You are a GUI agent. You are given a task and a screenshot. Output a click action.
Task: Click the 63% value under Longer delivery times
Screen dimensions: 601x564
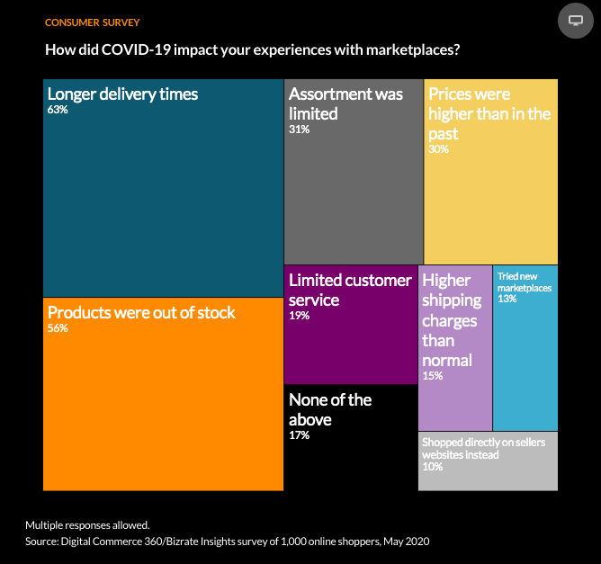[x=58, y=110]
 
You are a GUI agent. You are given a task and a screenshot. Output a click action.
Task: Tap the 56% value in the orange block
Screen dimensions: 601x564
[x=58, y=328]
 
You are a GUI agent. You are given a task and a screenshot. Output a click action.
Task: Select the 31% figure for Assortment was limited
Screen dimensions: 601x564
[x=299, y=130]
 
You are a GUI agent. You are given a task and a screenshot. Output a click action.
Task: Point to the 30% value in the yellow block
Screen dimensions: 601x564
[x=438, y=149]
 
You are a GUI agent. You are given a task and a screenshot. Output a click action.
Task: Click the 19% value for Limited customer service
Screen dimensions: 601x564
[x=299, y=316]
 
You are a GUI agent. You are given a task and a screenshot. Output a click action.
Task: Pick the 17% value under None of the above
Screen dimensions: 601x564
[x=299, y=434]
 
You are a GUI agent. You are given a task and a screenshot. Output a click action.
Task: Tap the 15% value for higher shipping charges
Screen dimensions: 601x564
[x=433, y=375]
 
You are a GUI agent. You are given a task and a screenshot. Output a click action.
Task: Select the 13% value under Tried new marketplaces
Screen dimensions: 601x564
[x=507, y=299]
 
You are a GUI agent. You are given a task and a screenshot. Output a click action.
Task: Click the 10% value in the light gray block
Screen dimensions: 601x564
[x=433, y=466]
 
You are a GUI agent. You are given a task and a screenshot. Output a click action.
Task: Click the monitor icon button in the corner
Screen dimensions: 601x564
[x=575, y=21]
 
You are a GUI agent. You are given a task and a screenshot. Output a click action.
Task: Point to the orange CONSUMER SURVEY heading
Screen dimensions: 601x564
[x=93, y=22]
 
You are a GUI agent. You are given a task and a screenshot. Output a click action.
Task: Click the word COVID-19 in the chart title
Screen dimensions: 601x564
[x=136, y=49]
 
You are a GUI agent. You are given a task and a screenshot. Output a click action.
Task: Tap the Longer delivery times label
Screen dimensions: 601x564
[x=122, y=94]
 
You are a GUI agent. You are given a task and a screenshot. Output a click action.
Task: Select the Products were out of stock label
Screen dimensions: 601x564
[x=141, y=313]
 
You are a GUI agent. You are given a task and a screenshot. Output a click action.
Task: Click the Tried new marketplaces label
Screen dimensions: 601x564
[x=525, y=282]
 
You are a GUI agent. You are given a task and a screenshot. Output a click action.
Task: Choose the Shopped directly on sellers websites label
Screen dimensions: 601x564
[x=484, y=448]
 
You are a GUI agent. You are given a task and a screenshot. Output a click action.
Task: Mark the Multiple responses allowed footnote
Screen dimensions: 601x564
[x=87, y=525]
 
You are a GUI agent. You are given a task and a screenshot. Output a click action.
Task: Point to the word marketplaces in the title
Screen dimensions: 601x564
[x=413, y=49]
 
